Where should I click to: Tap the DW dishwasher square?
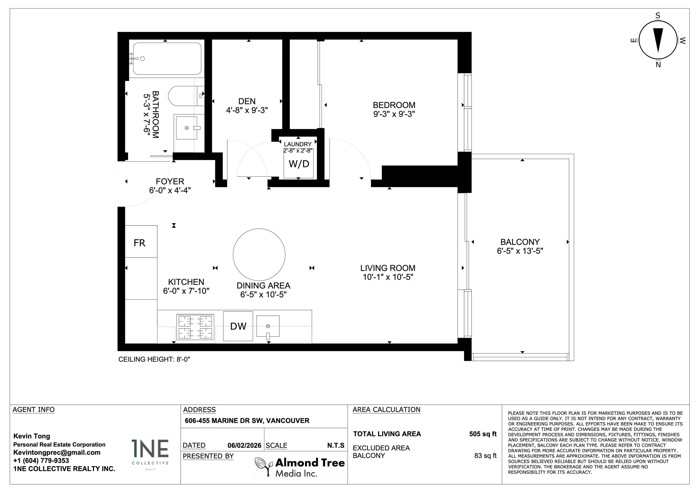(x=238, y=326)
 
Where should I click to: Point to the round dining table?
(x=259, y=254)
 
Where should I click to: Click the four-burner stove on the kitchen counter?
(x=195, y=327)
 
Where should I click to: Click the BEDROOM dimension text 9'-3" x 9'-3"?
(x=394, y=114)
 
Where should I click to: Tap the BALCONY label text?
(x=520, y=242)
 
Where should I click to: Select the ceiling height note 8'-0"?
(x=154, y=359)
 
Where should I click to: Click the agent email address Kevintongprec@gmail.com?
(x=57, y=452)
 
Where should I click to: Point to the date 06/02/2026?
(x=244, y=445)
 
